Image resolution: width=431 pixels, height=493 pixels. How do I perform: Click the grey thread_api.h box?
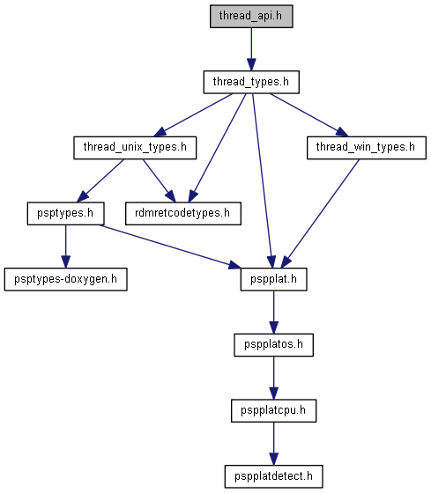pos(251,16)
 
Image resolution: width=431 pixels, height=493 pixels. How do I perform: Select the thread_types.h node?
pos(251,82)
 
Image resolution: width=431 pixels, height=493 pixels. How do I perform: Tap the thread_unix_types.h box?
pos(135,148)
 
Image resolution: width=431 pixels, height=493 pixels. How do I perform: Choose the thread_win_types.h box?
pos(367,148)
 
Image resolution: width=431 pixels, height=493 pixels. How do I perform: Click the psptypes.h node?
pos(65,213)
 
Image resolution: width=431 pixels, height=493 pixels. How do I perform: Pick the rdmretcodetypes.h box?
pos(183,213)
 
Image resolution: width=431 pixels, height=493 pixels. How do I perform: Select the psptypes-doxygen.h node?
pos(66,279)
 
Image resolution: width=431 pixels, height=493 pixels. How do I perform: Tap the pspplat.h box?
pos(273,279)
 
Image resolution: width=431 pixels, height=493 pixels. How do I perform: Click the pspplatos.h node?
pos(273,345)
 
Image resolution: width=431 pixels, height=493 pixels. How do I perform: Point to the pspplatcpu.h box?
pos(273,410)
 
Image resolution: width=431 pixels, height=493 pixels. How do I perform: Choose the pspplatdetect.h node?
pos(273,476)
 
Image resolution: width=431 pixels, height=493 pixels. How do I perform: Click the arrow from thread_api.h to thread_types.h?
pos(251,49)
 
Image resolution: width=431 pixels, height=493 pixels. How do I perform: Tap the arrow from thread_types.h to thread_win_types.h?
pos(309,115)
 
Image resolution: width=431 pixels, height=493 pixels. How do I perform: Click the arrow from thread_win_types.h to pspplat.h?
pos(320,213)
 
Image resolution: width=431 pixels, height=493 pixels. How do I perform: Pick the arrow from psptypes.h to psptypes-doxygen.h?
pos(66,246)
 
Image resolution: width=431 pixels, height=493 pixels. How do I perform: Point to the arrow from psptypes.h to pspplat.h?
pos(170,246)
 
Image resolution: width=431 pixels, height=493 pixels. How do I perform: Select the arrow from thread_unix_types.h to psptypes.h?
pos(100,180)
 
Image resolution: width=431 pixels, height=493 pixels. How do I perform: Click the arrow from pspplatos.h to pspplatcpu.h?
pos(273,378)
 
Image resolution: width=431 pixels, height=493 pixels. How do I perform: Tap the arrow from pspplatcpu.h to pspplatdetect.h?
pos(273,444)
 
